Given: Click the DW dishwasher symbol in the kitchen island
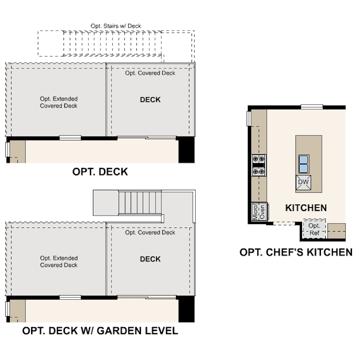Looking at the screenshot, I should [303, 182].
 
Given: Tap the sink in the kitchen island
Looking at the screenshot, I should [304, 164].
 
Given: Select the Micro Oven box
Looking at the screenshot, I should [259, 212].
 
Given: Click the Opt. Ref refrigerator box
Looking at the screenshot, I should [314, 229].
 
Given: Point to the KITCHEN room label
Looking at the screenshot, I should [306, 208].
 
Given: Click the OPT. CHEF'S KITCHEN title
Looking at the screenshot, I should [296, 252].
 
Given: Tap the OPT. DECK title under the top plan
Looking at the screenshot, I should [100, 172].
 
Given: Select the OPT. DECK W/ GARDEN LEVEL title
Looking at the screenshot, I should [100, 331].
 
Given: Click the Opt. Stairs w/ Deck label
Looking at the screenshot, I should [116, 26].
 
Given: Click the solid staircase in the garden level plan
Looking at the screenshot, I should [140, 202].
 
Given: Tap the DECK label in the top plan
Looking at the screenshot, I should [150, 100].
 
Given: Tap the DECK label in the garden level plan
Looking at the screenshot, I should [150, 259].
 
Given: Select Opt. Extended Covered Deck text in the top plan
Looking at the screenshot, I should [59, 102].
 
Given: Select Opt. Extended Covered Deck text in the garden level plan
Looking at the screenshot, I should [59, 261].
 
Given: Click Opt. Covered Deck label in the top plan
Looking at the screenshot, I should [150, 73].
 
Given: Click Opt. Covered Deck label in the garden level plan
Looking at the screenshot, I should [150, 232].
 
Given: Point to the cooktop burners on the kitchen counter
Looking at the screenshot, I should [259, 165].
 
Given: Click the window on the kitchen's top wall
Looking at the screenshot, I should [311, 106].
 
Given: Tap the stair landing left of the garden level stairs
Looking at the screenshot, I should [106, 202].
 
